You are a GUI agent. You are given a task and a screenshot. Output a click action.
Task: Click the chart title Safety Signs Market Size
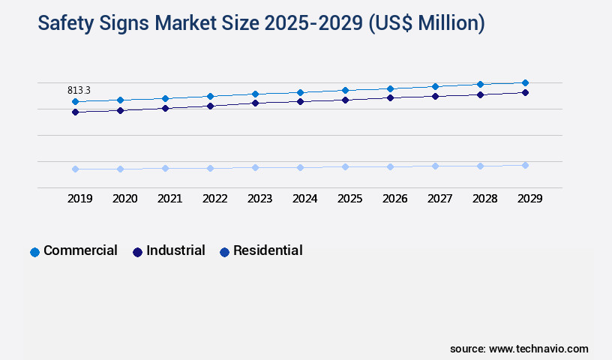point(261,23)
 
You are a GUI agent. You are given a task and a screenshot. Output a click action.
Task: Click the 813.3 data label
point(79,90)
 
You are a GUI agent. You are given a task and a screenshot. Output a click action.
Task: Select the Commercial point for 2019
point(75,101)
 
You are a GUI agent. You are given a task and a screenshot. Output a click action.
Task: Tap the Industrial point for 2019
point(75,112)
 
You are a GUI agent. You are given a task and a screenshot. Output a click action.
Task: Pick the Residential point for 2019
point(75,169)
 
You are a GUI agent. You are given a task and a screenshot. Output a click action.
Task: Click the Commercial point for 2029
point(525,82)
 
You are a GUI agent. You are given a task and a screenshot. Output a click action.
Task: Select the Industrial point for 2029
point(525,92)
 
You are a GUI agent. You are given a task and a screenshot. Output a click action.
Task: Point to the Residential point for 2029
point(525,165)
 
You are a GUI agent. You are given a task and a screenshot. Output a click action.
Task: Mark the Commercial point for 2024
point(300,92)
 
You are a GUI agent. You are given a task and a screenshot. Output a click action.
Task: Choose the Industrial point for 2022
point(210,106)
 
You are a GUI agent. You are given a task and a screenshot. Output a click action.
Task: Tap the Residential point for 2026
point(390,166)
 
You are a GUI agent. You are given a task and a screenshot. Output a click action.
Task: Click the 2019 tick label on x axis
point(80,199)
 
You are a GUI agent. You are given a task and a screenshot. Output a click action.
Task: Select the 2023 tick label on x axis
point(260,199)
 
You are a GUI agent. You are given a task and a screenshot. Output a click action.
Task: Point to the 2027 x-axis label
point(440,199)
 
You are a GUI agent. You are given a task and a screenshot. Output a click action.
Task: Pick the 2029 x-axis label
point(530,199)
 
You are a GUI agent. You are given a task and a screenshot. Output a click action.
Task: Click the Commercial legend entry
point(73,250)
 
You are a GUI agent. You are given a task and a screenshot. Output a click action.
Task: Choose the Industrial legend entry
point(169,250)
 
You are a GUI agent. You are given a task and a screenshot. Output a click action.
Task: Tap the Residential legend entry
point(261,250)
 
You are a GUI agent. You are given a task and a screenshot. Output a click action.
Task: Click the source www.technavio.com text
point(519,349)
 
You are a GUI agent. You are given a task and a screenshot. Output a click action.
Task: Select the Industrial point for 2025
point(345,100)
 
